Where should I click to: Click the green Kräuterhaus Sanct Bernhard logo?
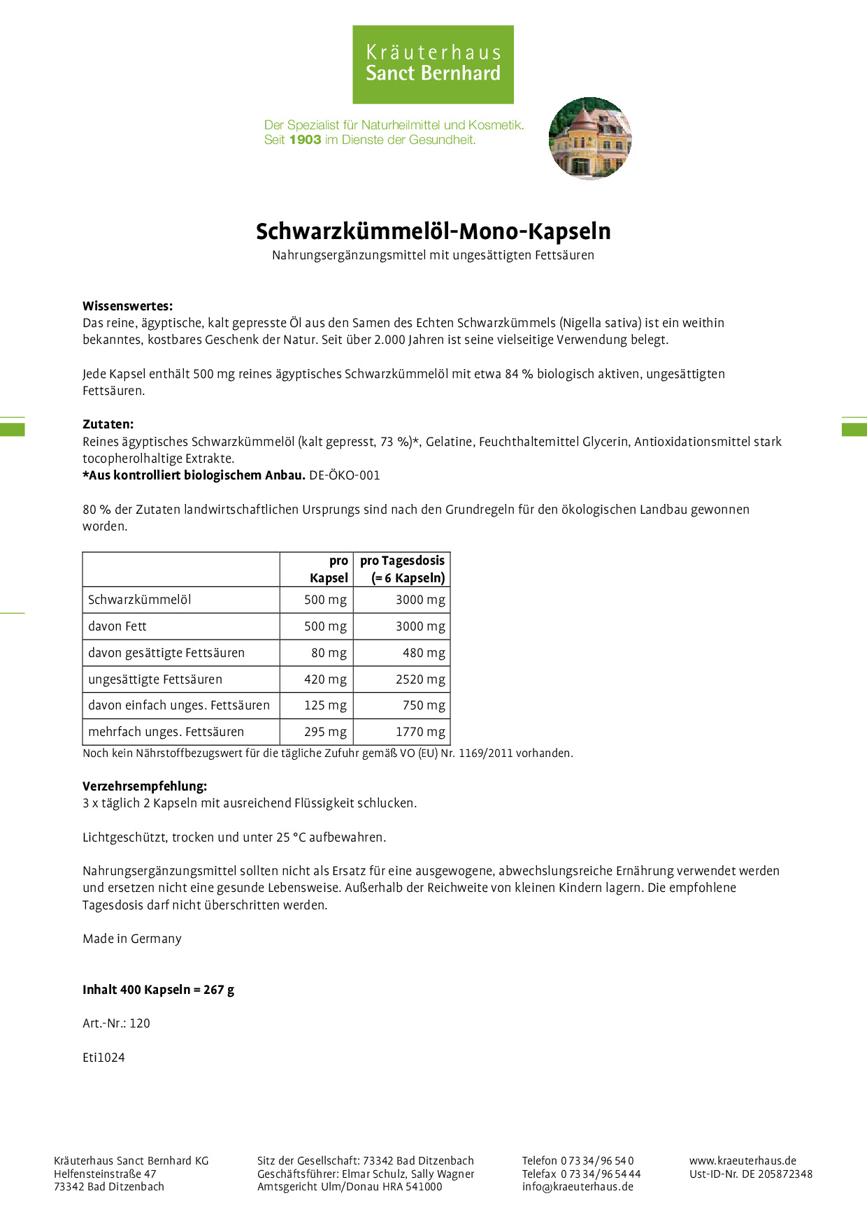point(433,64)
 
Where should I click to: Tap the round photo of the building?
point(590,138)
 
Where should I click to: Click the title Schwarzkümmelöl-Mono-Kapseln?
point(433,231)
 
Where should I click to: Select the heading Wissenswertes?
point(127,305)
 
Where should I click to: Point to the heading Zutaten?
point(108,424)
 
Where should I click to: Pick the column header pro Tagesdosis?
point(402,561)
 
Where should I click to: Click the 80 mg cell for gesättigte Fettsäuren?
point(329,653)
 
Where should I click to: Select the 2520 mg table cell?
point(420,679)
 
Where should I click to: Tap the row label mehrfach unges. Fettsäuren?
point(166,732)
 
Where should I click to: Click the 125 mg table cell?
point(325,705)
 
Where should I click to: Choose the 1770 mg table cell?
point(420,732)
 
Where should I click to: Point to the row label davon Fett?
point(117,626)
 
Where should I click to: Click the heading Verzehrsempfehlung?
point(145,786)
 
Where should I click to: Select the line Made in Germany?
point(132,939)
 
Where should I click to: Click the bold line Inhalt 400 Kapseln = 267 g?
point(158,990)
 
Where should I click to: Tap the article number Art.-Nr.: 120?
point(116,1023)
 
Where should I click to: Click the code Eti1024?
point(103,1058)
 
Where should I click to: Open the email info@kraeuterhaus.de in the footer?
point(578,1186)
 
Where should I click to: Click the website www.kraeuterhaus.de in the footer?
point(743,1160)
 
